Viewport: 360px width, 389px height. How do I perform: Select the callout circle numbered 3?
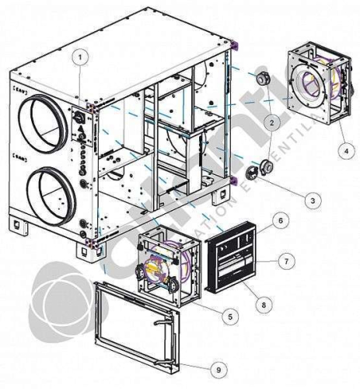(310, 200)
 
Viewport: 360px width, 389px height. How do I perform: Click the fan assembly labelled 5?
(168, 265)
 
